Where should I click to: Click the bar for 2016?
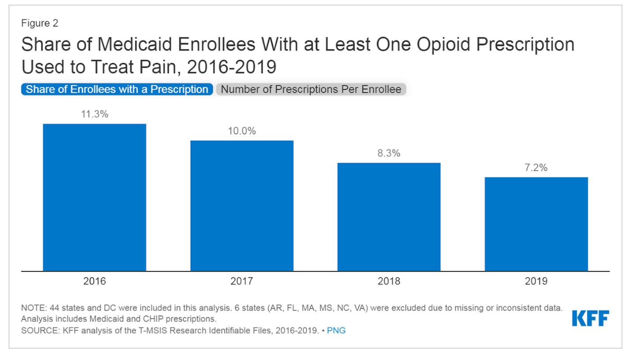pyautogui.click(x=94, y=197)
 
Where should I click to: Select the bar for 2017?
pyautogui.click(x=242, y=206)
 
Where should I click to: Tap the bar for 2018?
pyautogui.click(x=389, y=217)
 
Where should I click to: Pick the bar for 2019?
pyautogui.click(x=536, y=224)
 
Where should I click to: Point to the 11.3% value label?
pyautogui.click(x=94, y=114)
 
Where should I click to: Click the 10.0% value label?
pyautogui.click(x=242, y=131)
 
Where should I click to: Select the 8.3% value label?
pyautogui.click(x=389, y=154)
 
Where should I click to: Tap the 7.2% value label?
pyautogui.click(x=536, y=168)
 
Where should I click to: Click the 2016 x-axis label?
pyautogui.click(x=94, y=281)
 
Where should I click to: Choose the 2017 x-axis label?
pyautogui.click(x=242, y=281)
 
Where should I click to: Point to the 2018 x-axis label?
pyautogui.click(x=389, y=281)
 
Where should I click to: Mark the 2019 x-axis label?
pyautogui.click(x=536, y=281)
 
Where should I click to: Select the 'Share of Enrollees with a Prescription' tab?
pyautogui.click(x=117, y=89)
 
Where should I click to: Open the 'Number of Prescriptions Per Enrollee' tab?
pyautogui.click(x=311, y=89)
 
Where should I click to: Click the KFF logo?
pyautogui.click(x=590, y=318)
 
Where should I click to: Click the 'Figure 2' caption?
pyautogui.click(x=40, y=23)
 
